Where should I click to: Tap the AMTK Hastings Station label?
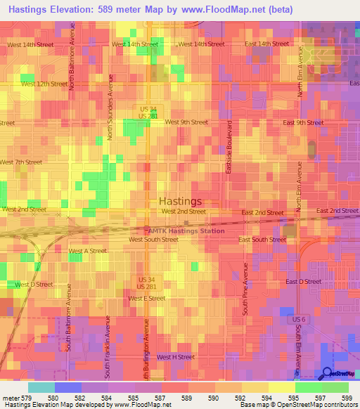(186, 231)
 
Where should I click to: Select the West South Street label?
(153, 240)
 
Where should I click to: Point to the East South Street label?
(262, 240)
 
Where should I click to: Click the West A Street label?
(87, 251)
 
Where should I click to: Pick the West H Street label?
(176, 357)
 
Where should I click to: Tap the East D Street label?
(303, 281)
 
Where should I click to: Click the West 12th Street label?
(44, 84)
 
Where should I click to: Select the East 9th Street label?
(303, 122)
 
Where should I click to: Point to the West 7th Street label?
(21, 162)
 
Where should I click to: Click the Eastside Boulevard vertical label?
(229, 147)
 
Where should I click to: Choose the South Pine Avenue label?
(245, 289)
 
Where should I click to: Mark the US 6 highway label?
(298, 319)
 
